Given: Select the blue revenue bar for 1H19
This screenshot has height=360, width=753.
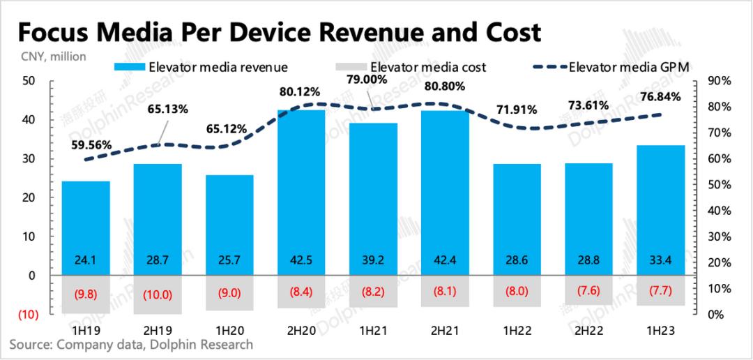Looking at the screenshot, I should coord(86,223).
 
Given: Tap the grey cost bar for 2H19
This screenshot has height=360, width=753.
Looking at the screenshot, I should coord(158,294).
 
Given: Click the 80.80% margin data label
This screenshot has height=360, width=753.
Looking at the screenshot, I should coord(445,90).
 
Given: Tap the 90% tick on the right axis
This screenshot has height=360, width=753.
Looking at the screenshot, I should coord(717,81).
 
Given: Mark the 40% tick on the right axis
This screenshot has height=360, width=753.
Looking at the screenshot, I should coord(717,211).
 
